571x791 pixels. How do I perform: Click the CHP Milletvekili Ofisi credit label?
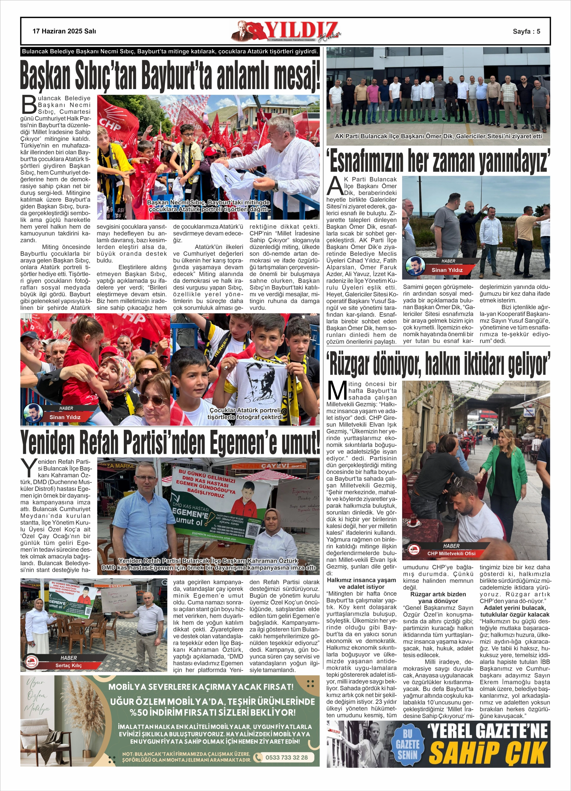point(451,553)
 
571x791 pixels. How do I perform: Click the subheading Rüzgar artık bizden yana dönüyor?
point(438,597)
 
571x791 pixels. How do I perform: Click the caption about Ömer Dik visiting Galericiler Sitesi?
point(438,136)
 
